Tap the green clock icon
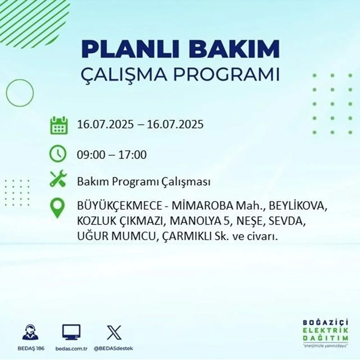click(58, 154)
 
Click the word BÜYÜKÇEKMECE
click(120, 206)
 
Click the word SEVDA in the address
click(287, 222)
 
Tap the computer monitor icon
click(71, 332)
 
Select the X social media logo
click(114, 332)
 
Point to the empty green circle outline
click(20, 93)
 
